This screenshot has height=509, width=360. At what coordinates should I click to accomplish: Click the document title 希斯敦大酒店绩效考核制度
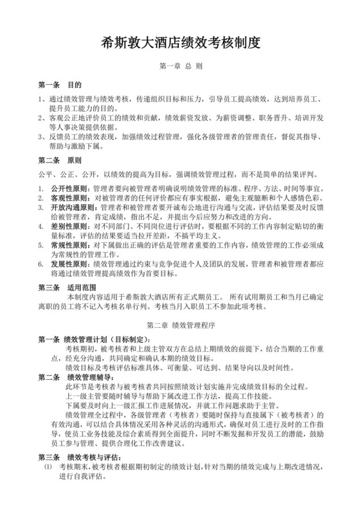coord(180,43)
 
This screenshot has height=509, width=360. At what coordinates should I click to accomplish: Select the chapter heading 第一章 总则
coord(180,66)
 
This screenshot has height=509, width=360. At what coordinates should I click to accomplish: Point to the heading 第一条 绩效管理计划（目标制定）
coord(96,339)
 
